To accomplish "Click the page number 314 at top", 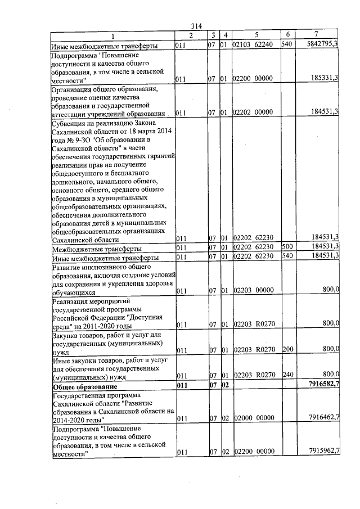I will [x=196, y=26].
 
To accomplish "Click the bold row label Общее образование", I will [x=85, y=388].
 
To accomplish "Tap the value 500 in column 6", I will [x=287, y=247].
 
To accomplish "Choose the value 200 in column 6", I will [x=287, y=350].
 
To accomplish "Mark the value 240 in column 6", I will [x=287, y=375].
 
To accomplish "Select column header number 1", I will [x=112, y=35].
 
